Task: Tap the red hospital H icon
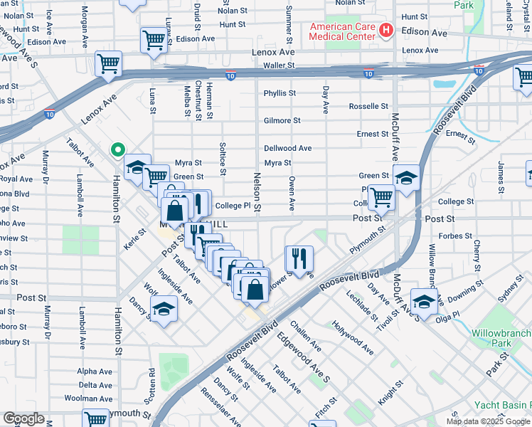[x=385, y=31]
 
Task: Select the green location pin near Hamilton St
[x=119, y=150]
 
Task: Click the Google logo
[x=23, y=418]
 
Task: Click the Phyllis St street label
[x=280, y=93]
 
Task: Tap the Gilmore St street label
[x=277, y=121]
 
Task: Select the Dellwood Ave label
[x=287, y=149]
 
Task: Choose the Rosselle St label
[x=368, y=106]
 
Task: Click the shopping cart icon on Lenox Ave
[x=109, y=63]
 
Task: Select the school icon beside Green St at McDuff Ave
[x=406, y=176]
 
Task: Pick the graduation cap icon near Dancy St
[x=164, y=310]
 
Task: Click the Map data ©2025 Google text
[x=487, y=421]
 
